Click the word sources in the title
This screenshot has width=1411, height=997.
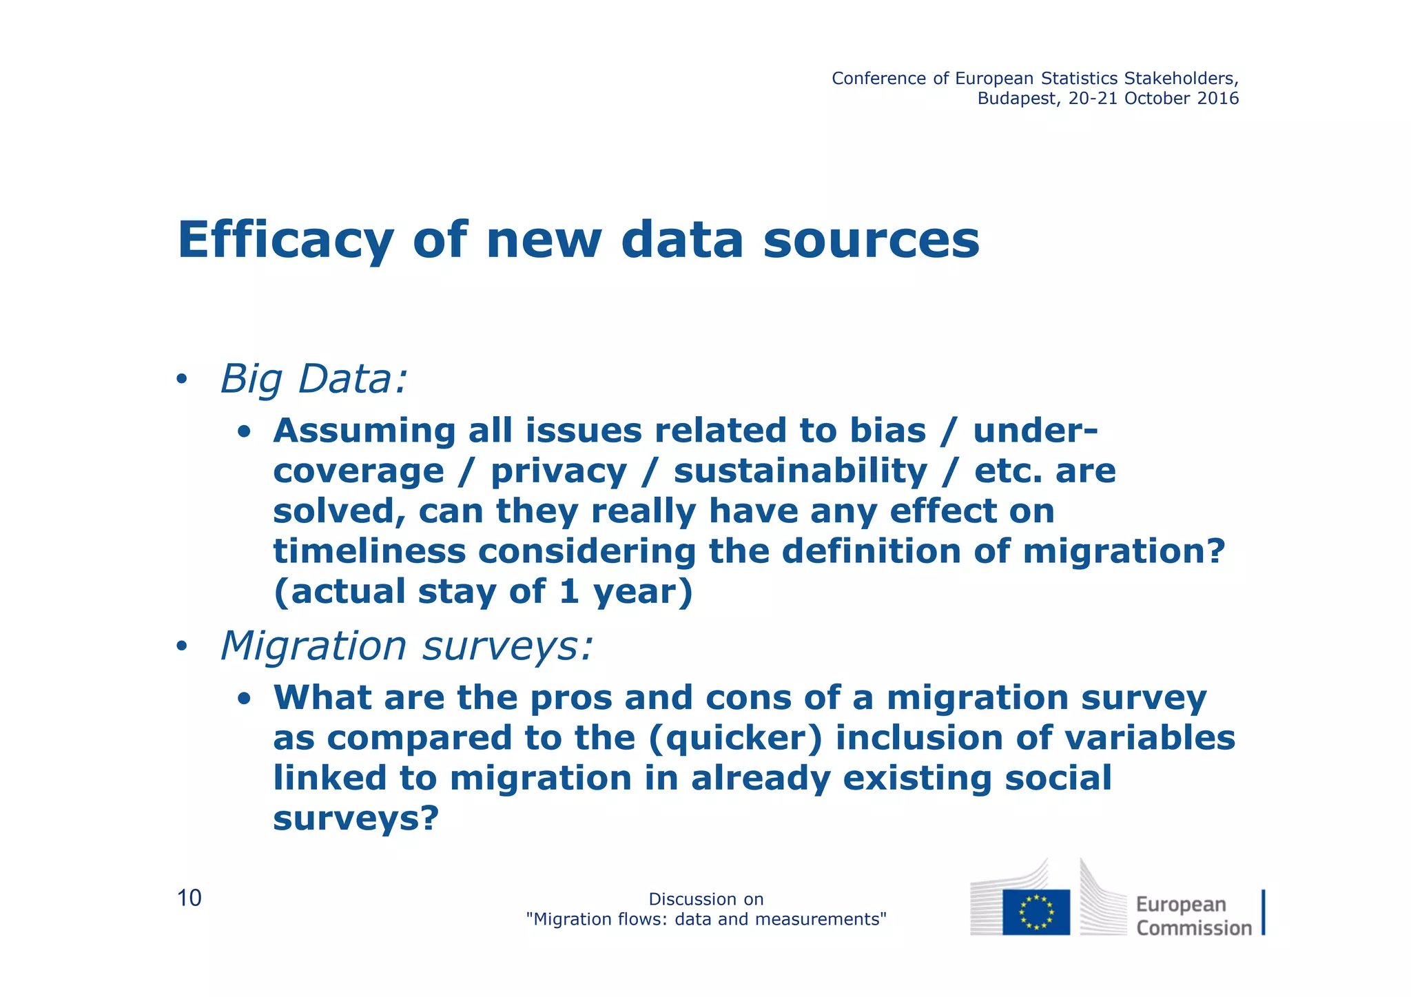871,240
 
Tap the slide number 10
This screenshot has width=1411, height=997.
189,898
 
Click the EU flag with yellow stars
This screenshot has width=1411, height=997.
1036,912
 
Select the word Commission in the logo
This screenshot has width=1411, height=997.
1193,928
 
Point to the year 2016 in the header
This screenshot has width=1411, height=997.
1218,99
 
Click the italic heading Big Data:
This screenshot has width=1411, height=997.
314,379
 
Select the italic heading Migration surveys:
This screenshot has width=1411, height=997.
406,646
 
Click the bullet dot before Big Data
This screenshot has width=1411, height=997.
181,380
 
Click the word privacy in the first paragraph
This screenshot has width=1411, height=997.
559,471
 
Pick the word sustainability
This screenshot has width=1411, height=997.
800,471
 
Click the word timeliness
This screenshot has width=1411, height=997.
370,551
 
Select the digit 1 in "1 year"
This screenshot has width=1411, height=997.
568,592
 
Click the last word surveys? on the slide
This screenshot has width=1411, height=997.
356,819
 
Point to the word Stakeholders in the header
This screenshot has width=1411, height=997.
1181,79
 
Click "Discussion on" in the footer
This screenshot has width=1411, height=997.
705,899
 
